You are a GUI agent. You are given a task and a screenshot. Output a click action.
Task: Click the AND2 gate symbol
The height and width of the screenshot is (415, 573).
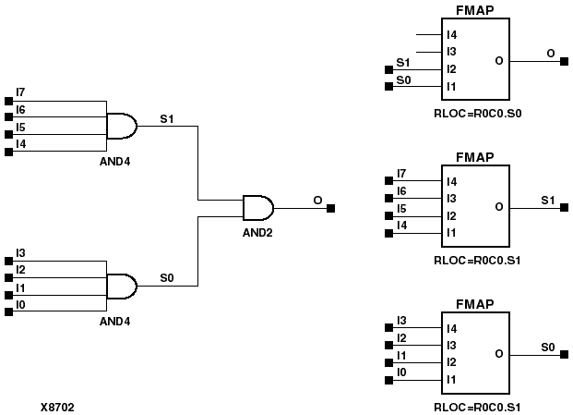pos(257,208)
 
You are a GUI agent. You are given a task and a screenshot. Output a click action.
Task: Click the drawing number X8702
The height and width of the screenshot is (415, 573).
pos(57,406)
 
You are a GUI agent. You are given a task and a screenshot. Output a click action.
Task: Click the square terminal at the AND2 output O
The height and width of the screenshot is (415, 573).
pos(331,208)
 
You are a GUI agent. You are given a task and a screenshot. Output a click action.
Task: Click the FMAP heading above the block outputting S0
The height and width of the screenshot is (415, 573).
pos(475,305)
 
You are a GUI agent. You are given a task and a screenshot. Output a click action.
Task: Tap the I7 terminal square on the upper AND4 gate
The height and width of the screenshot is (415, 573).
pos(8,100)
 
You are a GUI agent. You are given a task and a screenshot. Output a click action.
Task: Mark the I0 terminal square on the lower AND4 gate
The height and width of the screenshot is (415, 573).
pos(8,312)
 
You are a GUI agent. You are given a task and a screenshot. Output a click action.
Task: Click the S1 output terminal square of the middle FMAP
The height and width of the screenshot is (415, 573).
pos(563,207)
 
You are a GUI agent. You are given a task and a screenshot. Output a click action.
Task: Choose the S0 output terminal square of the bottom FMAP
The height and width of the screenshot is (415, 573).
pos(563,354)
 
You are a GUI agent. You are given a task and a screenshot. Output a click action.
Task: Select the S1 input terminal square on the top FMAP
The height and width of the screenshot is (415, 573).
pos(388,69)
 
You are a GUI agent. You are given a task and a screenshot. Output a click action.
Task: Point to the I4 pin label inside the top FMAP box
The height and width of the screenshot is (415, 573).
pos(451,35)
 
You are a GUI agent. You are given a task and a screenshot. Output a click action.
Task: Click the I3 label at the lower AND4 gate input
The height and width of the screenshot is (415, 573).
pos(21,252)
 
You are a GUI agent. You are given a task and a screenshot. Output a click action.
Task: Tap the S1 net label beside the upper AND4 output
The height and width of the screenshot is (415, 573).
pos(166,118)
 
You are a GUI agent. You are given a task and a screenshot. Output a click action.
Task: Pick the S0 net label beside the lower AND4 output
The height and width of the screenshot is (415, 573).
pos(166,277)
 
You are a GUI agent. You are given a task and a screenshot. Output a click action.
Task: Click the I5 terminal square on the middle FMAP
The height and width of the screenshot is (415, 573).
pos(388,215)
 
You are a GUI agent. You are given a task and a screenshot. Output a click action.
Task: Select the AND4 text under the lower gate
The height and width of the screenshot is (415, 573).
pos(115,321)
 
